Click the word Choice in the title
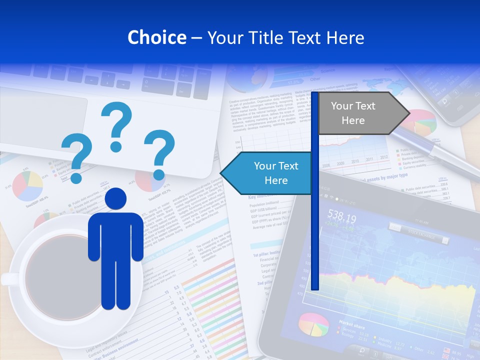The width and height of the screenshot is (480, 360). [x=156, y=37]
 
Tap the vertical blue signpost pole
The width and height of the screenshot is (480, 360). [x=314, y=225]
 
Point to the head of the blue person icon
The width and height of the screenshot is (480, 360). [x=116, y=199]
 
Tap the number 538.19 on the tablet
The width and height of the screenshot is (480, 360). [x=341, y=218]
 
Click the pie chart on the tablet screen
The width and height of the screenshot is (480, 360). [x=313, y=325]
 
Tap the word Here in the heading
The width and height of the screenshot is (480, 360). [x=345, y=37]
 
